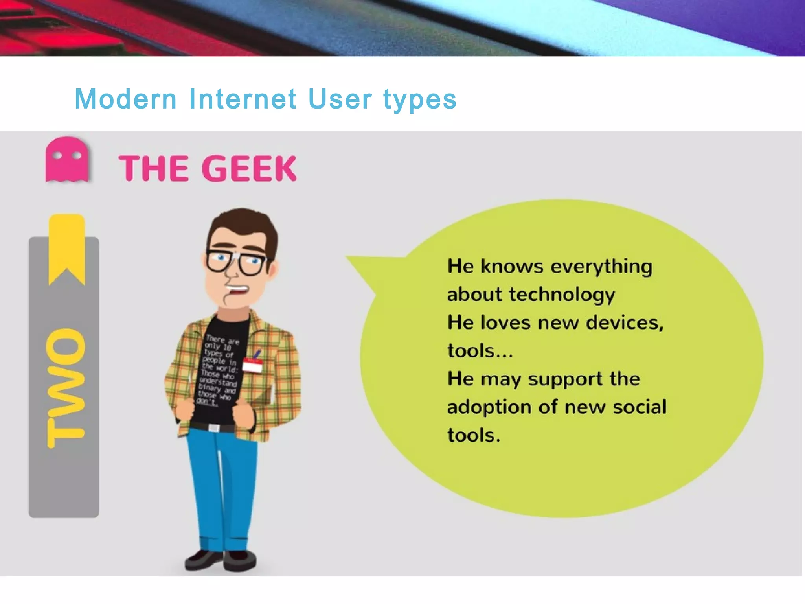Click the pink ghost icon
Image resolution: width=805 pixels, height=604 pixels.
point(67,159)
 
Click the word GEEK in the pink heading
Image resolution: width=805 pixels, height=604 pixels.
point(249,168)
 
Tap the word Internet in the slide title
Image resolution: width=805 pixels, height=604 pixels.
point(243,99)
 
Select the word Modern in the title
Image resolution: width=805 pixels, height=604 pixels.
point(126,99)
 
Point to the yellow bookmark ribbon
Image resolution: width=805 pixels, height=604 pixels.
point(66,248)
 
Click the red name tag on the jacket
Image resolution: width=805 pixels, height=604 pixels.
point(252,365)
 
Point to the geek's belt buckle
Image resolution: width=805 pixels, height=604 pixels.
point(214,428)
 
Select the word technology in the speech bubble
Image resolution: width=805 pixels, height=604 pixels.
point(562,295)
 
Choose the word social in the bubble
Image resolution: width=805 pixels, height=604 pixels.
point(640,407)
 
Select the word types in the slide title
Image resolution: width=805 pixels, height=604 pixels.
point(420,99)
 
